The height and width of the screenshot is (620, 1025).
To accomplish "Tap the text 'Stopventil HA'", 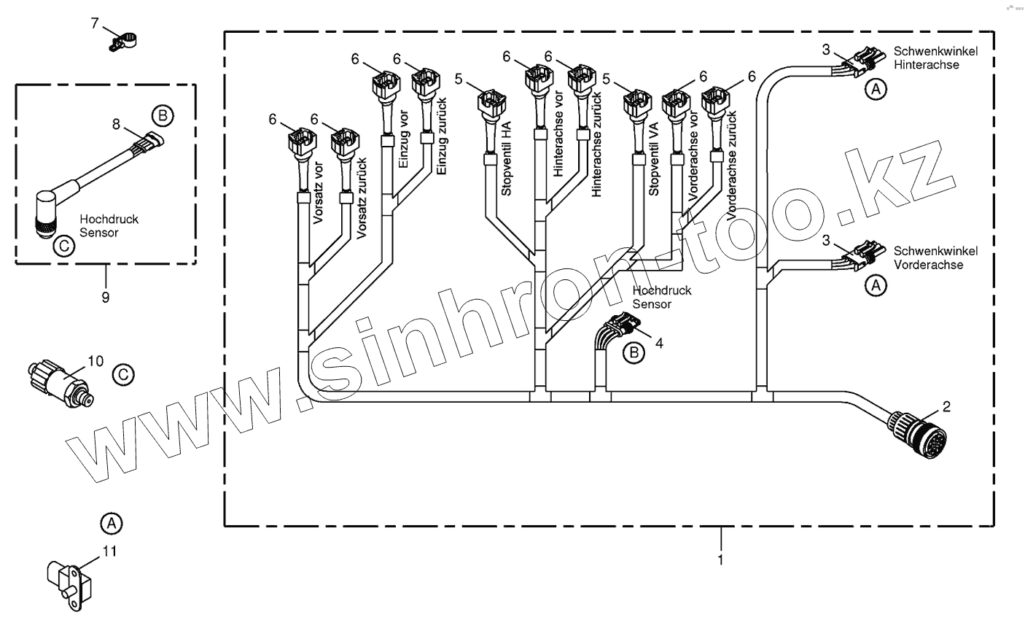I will click(x=506, y=162).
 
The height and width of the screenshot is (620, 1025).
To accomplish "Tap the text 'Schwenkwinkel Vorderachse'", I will click(x=935, y=257).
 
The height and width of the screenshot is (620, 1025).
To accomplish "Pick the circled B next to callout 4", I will click(x=634, y=353).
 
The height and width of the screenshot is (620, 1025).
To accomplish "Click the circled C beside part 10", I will click(x=123, y=375).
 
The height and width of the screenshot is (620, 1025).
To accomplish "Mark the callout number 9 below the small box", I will click(x=106, y=297).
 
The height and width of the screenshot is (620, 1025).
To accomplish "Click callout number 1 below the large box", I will click(x=721, y=560).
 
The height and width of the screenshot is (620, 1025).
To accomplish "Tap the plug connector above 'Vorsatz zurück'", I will click(x=343, y=142).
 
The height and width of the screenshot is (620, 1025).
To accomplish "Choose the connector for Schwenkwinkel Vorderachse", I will click(x=862, y=255).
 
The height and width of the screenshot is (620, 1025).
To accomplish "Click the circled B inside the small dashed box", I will click(x=163, y=115).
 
